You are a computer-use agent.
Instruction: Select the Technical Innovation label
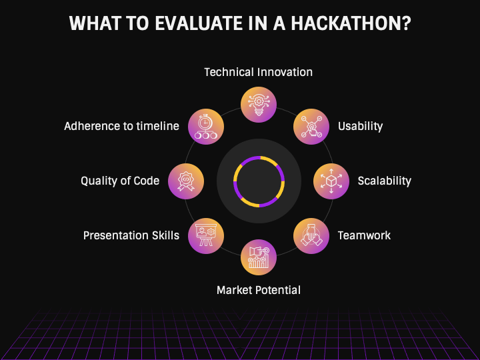click(x=259, y=72)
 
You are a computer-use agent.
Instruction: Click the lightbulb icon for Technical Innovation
click(x=259, y=105)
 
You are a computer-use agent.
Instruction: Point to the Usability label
click(x=360, y=126)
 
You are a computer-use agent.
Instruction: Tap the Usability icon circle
click(x=311, y=127)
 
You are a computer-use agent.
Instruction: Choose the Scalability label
click(x=385, y=181)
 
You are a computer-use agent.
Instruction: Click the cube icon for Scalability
click(x=331, y=181)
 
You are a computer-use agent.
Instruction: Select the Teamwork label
click(x=364, y=235)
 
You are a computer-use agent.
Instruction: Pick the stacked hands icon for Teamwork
click(x=311, y=236)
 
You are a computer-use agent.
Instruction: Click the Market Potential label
click(x=259, y=290)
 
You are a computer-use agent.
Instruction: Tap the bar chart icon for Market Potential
click(x=259, y=257)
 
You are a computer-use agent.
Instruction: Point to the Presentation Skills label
click(x=131, y=235)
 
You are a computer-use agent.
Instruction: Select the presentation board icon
click(x=206, y=236)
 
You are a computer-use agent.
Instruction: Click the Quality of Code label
click(x=120, y=181)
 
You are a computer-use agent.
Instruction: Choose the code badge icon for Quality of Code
click(x=186, y=181)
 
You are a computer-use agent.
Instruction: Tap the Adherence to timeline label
click(x=121, y=126)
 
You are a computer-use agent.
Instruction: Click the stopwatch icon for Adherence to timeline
click(x=206, y=127)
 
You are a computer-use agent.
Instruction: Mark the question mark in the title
click(x=407, y=23)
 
